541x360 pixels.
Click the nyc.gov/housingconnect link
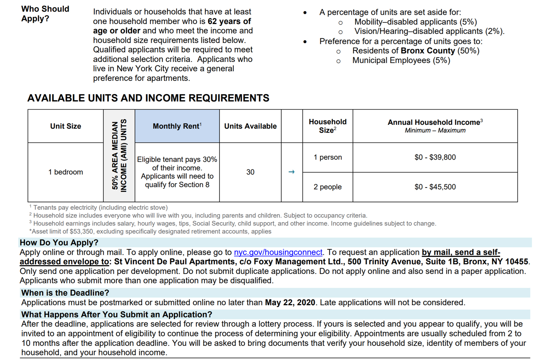(278, 252)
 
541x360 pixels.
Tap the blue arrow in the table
(291, 172)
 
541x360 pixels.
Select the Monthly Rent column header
(177, 126)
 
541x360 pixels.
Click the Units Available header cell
(250, 126)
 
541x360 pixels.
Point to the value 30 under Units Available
(250, 172)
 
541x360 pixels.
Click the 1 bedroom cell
(66, 172)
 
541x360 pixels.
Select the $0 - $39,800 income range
(435, 157)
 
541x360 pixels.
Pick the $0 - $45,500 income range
(435, 187)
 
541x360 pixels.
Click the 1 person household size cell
(327, 157)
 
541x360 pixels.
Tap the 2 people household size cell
(327, 187)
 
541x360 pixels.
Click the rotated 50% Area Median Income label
(119, 156)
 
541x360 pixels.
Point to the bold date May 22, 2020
(290, 302)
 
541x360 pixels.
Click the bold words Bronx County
(428, 51)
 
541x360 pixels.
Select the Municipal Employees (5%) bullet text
(401, 61)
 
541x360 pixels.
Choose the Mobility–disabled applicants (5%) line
(415, 22)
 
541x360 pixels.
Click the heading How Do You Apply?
(59, 243)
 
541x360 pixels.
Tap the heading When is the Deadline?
(65, 293)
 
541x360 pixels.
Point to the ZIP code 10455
(516, 262)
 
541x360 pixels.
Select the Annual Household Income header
(435, 122)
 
